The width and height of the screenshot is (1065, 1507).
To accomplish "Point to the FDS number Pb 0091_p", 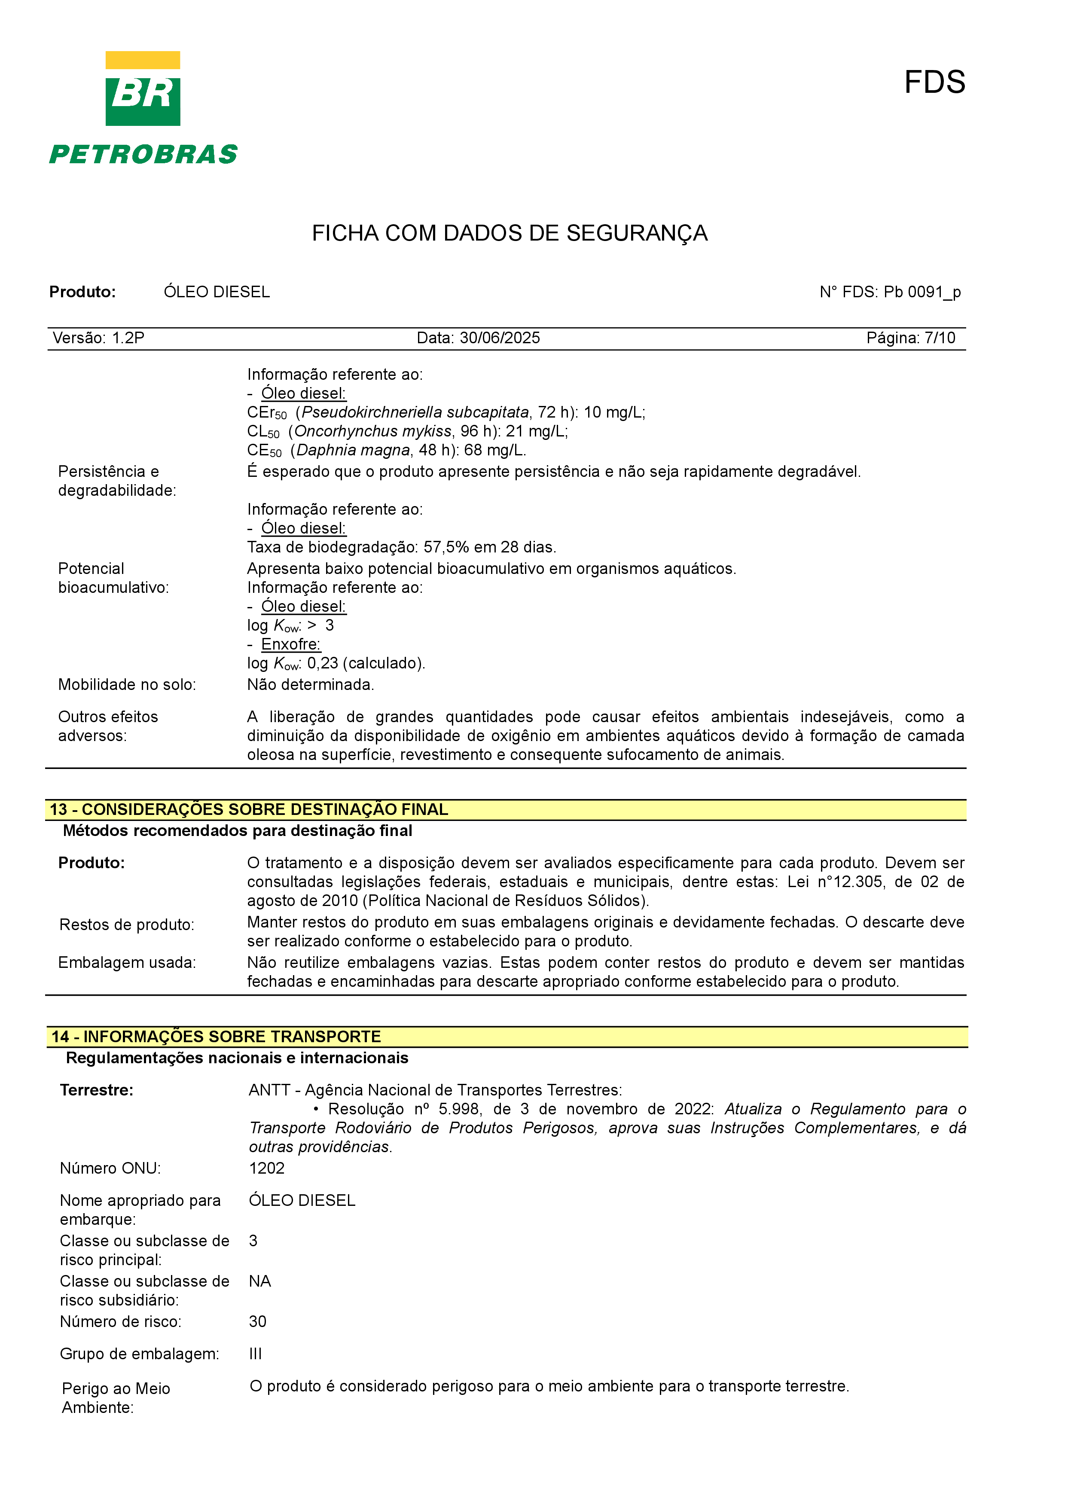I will [922, 292].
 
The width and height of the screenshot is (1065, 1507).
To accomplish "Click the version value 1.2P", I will [128, 338].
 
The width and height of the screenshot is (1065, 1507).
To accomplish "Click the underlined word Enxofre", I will [291, 644].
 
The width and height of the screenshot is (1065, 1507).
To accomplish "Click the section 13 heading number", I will [59, 810].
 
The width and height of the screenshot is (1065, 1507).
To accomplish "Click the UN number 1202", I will [266, 1168].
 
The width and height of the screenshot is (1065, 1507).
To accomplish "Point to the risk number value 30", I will [257, 1322].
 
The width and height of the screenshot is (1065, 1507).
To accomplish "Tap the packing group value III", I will [255, 1354].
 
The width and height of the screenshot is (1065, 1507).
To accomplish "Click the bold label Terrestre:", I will [97, 1090].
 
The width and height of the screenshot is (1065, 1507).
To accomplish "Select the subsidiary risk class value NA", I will [260, 1281].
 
